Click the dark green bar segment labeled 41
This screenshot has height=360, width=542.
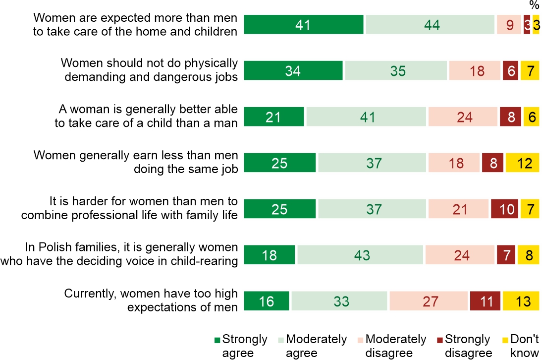point(303,25)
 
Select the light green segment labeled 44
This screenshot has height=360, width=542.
point(430,25)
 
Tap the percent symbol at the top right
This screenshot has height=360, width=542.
point(534,5)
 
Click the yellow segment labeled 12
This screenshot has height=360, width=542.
point(522,163)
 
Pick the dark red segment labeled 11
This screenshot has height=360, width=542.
point(485,301)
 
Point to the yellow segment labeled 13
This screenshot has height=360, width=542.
point(521,301)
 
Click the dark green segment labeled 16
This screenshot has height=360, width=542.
point(267,301)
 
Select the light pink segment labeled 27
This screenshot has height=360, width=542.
point(429,301)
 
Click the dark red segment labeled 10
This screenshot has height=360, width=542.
point(504,209)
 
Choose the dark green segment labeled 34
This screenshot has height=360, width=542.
point(293,71)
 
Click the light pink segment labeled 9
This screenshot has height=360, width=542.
point(509,25)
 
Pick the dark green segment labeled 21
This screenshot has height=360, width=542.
point(274,117)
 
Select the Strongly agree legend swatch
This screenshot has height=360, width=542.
point(217,340)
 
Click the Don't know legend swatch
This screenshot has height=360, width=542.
point(505,340)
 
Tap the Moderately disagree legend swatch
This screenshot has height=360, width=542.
point(360,340)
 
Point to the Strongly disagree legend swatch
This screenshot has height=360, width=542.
point(440,340)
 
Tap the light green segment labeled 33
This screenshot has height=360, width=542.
point(339,301)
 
